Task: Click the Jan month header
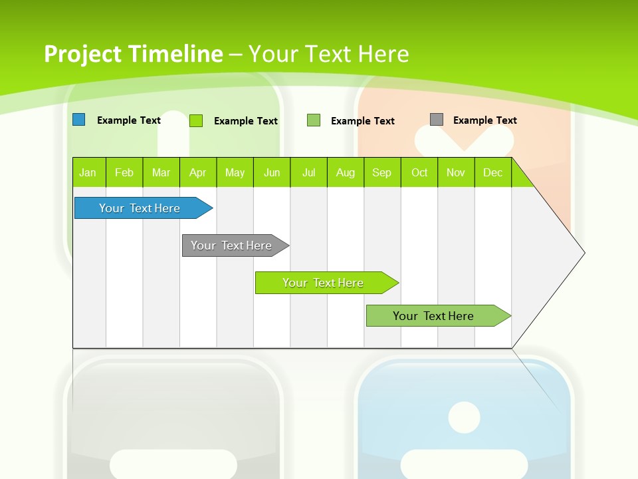[88, 173]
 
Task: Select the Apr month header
[198, 173]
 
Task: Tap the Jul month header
[308, 173]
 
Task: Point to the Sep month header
[381, 173]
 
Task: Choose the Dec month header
[492, 173]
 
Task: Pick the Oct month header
[419, 173]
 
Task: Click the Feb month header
[124, 173]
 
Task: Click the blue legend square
[79, 120]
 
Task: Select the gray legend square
[437, 120]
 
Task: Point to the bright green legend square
[196, 120]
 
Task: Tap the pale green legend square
[314, 120]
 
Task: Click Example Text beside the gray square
[484, 120]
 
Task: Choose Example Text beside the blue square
[129, 120]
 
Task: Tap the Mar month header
[161, 173]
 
